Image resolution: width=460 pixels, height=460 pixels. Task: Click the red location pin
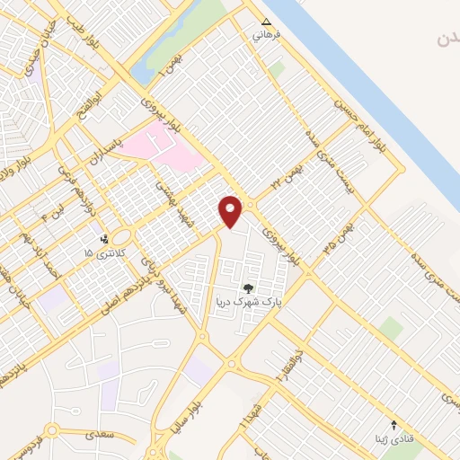[x=231, y=211]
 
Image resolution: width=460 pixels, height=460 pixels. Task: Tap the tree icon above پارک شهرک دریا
[x=248, y=288]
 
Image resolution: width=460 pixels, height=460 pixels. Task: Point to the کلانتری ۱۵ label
[x=101, y=255]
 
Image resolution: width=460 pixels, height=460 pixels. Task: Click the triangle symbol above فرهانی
[x=265, y=22]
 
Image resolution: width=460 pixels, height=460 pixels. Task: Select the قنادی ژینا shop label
[x=394, y=439]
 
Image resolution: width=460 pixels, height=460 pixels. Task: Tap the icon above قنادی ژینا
[x=394, y=424]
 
